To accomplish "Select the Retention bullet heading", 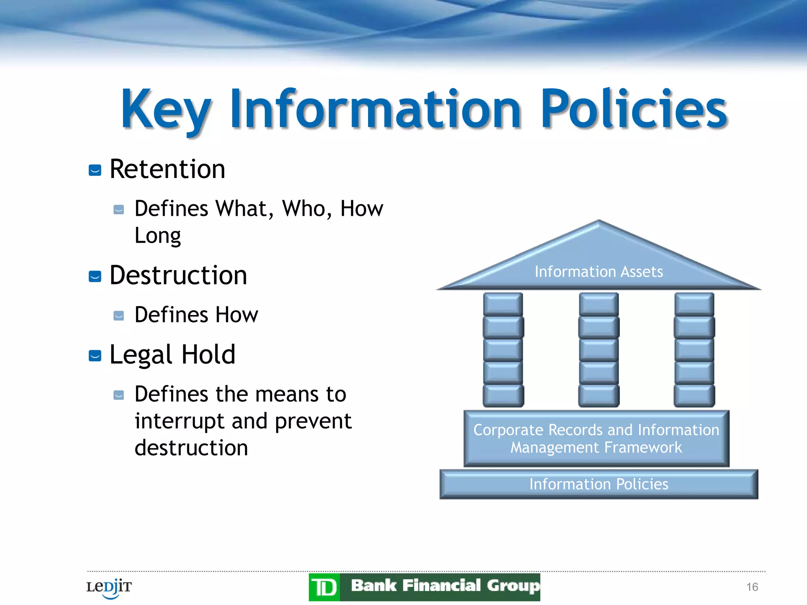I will tap(167, 169).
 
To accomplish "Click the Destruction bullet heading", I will tap(178, 275).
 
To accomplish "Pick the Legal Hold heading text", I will tap(172, 354).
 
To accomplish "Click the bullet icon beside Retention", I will tap(95, 170).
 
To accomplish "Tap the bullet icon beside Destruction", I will tap(95, 277).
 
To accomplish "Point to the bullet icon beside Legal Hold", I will tap(95, 356).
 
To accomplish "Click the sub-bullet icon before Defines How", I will tap(119, 316).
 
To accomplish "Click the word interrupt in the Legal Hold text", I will tap(179, 421).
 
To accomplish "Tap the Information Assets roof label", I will tap(599, 272).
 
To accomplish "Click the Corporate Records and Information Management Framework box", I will tap(596, 438).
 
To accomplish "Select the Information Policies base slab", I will tap(599, 484).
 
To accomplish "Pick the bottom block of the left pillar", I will tap(503, 395).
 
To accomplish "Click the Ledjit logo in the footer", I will tap(109, 588).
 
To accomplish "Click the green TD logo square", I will tap(324, 588).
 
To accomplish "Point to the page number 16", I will tap(752, 587).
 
